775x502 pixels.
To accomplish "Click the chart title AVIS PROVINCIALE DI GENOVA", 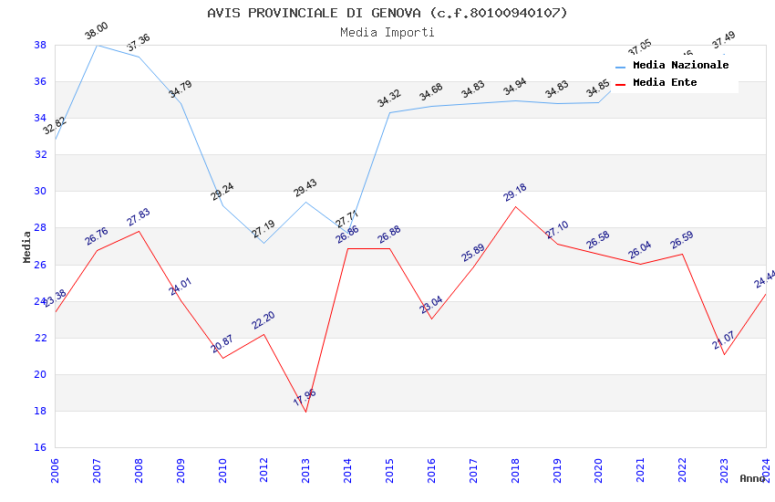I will (x=387, y=13).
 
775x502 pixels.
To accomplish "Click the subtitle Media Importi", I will (x=387, y=32).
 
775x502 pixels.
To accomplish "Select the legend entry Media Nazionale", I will (x=680, y=66).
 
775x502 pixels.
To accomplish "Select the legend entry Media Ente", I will (x=665, y=83).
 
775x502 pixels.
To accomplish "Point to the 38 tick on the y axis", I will (x=40, y=45).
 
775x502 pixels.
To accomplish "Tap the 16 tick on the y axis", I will (x=40, y=447).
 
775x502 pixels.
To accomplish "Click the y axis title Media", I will (x=27, y=246).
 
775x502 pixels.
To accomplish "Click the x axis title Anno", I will (x=752, y=478).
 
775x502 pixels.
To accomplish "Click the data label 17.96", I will (x=305, y=397).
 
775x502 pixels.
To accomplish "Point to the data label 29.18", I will (x=515, y=193).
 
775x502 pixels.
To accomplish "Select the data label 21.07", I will (x=724, y=341).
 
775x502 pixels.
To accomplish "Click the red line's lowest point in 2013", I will (x=305, y=412).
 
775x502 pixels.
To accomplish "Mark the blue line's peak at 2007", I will (x=97, y=45).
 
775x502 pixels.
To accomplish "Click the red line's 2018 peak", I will (x=515, y=206).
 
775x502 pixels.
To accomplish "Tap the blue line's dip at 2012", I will (x=263, y=243).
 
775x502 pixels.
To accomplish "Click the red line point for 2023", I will (x=724, y=354).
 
